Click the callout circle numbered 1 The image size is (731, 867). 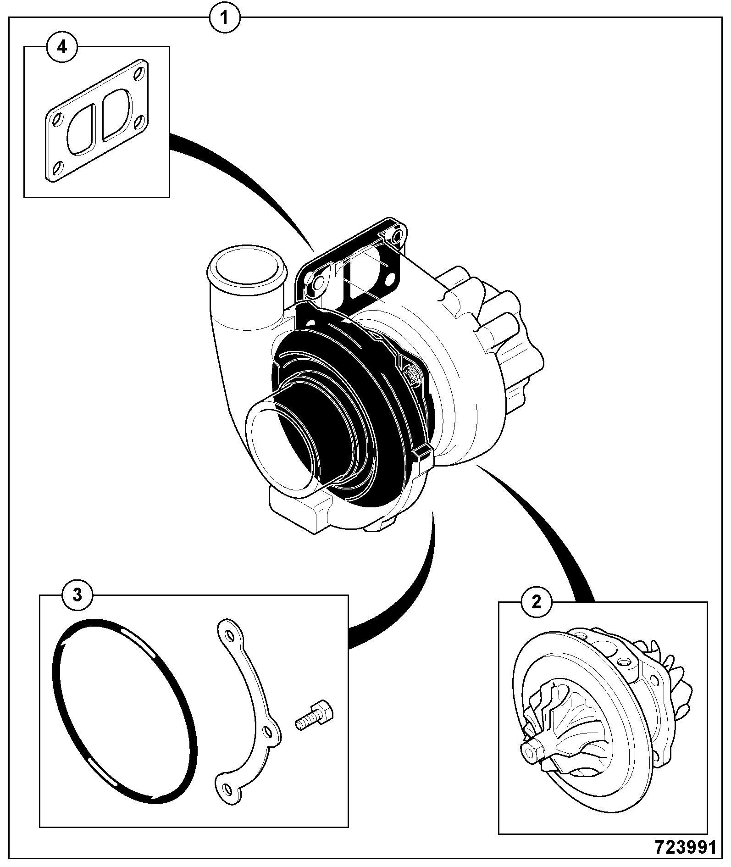(224, 18)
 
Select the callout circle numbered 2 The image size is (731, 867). (536, 602)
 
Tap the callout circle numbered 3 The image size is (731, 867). (78, 595)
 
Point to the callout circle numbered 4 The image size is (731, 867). (62, 47)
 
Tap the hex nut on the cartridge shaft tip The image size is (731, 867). (532, 752)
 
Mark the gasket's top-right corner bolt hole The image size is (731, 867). (139, 73)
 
